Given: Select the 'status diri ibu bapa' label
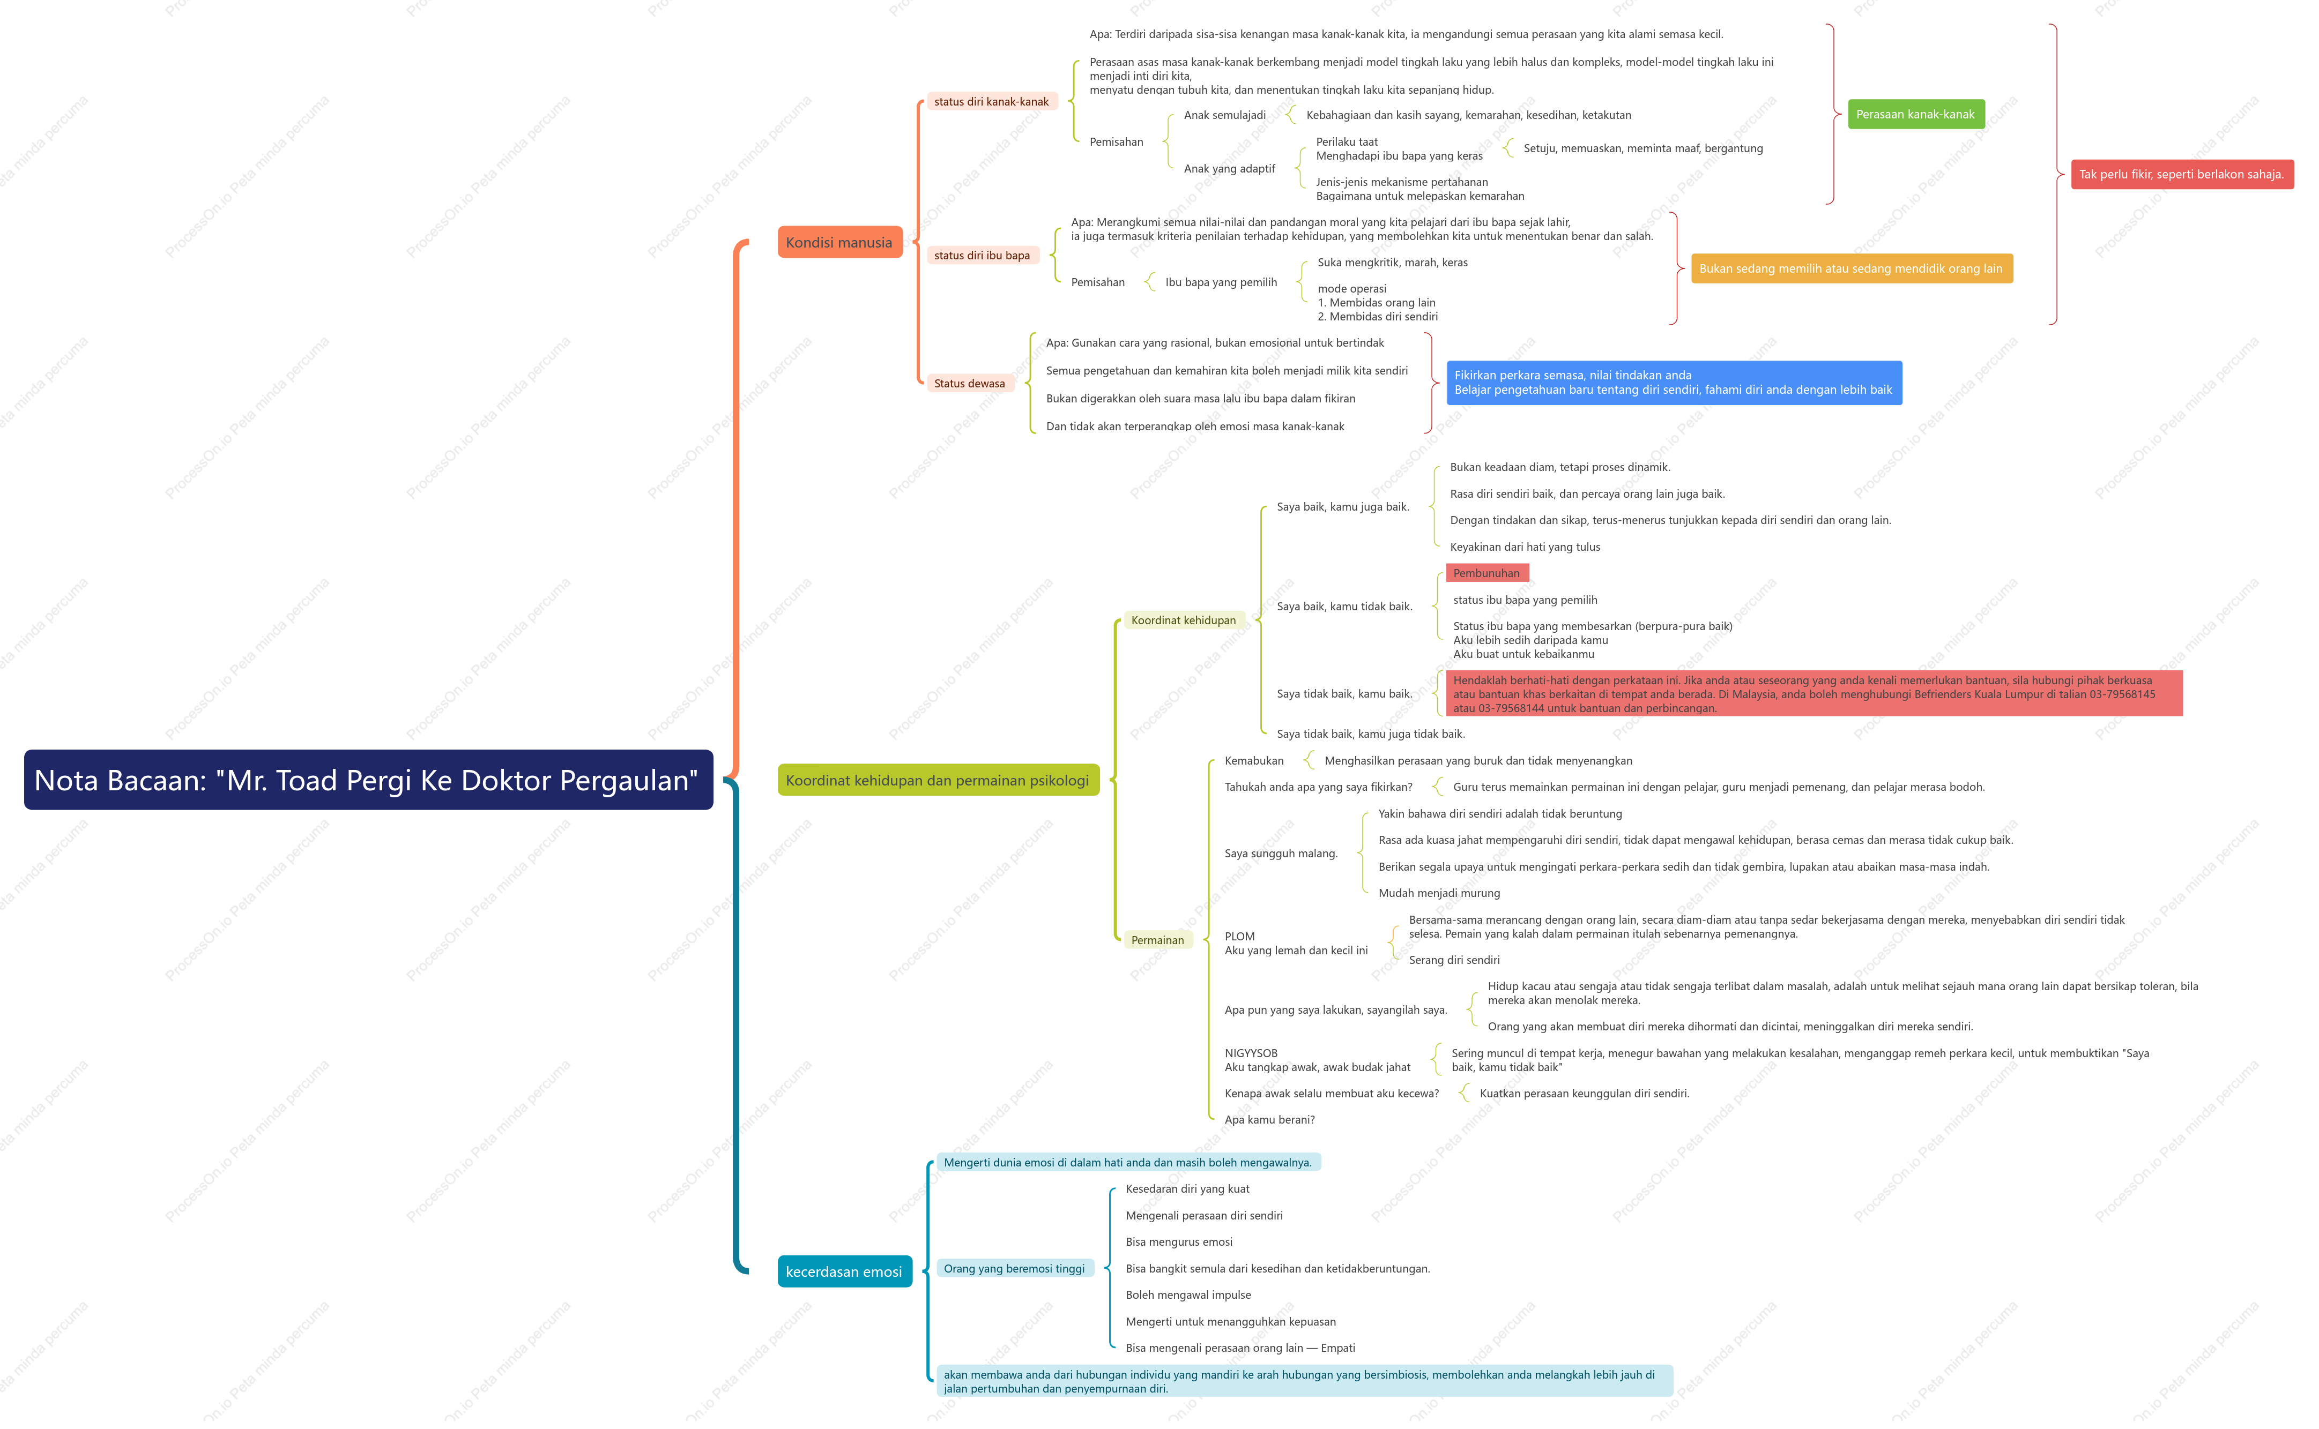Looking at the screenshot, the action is (x=982, y=255).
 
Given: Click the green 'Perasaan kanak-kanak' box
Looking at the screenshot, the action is (x=1915, y=114).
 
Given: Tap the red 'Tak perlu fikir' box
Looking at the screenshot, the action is (x=2182, y=175).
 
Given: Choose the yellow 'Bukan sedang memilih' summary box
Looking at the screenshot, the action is (x=1851, y=268).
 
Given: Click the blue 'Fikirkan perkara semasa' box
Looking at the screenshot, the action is (x=1673, y=383).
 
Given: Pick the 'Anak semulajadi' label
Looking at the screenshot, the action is (x=1224, y=115).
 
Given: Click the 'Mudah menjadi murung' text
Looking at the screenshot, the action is (x=1439, y=893).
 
